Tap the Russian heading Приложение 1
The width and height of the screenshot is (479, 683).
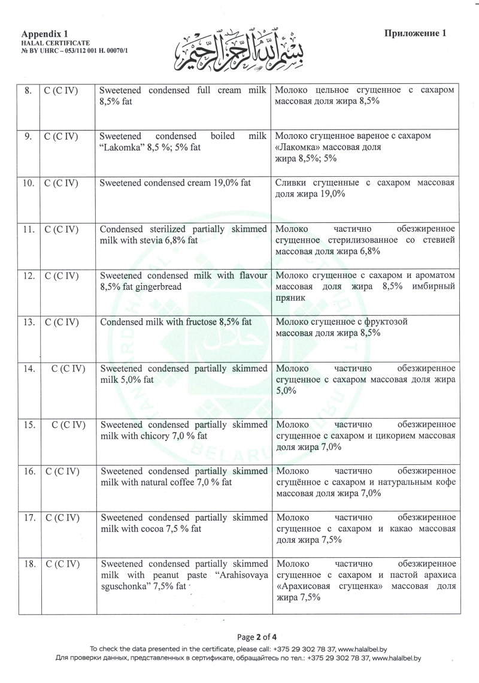tap(416, 34)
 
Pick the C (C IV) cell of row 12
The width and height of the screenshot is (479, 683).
tap(62, 276)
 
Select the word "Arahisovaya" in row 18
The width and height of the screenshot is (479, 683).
tap(241, 575)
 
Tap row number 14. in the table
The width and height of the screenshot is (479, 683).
tap(28, 368)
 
